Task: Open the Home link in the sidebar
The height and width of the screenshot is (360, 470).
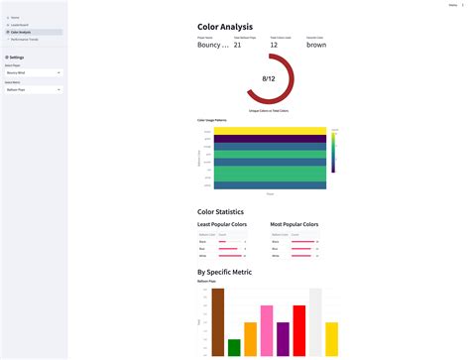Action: click(15, 18)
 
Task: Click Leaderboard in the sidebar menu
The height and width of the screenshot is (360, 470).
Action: click(19, 25)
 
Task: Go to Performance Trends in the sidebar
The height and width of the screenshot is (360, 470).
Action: click(24, 39)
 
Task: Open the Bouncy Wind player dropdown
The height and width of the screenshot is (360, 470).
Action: click(33, 72)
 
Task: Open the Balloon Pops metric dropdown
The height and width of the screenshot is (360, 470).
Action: click(33, 89)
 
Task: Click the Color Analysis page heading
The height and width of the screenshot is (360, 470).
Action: click(225, 27)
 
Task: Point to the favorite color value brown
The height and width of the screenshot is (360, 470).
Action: click(315, 45)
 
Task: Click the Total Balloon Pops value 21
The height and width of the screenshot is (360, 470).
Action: click(237, 45)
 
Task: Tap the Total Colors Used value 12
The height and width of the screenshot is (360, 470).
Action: click(274, 45)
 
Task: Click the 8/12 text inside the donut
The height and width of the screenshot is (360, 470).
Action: click(268, 78)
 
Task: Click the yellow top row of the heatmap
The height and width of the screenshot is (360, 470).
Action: click(269, 131)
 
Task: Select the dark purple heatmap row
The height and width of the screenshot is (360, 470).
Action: click(269, 140)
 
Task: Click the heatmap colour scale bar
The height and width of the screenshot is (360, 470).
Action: click(333, 152)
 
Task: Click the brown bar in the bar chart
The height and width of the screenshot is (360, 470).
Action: click(218, 321)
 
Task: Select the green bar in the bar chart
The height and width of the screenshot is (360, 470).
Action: click(234, 347)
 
